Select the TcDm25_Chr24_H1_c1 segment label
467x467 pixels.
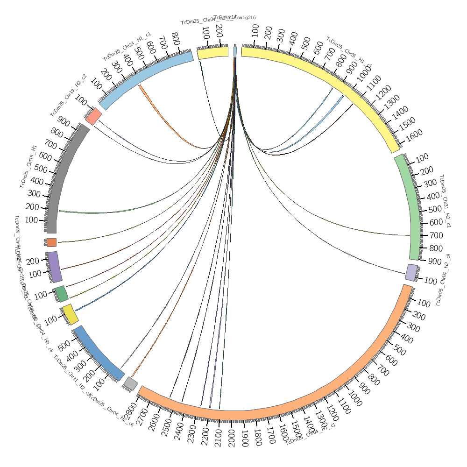pyautogui.click(x=127, y=46)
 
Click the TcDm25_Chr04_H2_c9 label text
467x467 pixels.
pyautogui.click(x=444, y=280)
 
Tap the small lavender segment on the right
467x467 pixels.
pyautogui.click(x=411, y=272)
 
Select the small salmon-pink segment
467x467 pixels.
pyautogui.click(x=93, y=116)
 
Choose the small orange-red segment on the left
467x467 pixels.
pyautogui.click(x=51, y=242)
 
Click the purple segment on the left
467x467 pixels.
pyautogui.click(x=55, y=267)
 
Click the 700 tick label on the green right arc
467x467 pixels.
pyautogui.click(x=434, y=235)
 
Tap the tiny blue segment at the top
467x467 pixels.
pyautogui.click(x=235, y=51)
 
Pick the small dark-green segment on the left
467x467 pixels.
pyautogui.click(x=62, y=294)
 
